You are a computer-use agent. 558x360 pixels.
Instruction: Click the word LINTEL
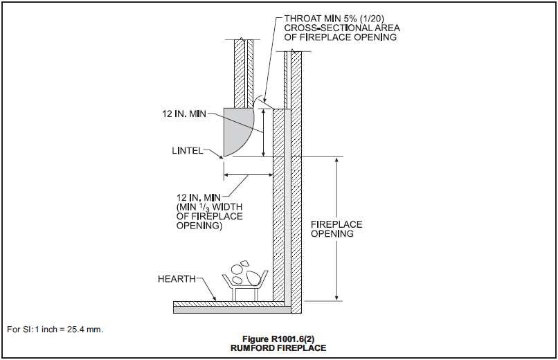point(186,150)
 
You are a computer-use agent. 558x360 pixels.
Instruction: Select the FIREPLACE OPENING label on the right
point(336,229)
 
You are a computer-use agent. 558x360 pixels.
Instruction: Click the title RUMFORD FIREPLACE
point(278,348)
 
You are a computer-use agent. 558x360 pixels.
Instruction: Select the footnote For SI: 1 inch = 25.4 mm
point(55,329)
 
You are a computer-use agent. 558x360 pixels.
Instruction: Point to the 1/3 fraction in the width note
point(210,207)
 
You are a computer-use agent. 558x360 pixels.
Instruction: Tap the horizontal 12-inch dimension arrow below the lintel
point(247,174)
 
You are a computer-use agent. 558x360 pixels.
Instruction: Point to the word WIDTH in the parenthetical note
point(228,207)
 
